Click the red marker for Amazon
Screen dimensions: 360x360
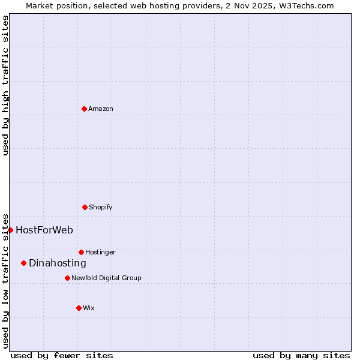coord(84,109)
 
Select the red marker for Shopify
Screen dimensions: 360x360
coord(85,207)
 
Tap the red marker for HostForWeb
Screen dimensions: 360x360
coord(10,230)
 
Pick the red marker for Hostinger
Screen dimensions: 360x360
coord(81,252)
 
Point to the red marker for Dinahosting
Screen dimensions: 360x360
coord(23,263)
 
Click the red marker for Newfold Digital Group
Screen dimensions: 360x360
coord(67,278)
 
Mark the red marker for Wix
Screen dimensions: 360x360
coord(79,308)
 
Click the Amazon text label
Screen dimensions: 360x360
coord(101,109)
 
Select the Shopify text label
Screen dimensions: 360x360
coord(101,207)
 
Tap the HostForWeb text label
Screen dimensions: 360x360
coord(44,230)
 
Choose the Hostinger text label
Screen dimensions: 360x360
coord(100,252)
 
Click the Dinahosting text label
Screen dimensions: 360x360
coord(58,263)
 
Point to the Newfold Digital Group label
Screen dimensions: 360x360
coord(106,278)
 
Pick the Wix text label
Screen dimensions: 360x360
coord(89,308)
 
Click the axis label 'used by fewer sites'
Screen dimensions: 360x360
coord(62,355)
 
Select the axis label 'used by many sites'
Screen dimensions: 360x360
coord(301,355)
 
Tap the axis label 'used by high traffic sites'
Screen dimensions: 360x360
coord(5,85)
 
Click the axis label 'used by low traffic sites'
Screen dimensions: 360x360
coord(5,280)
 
